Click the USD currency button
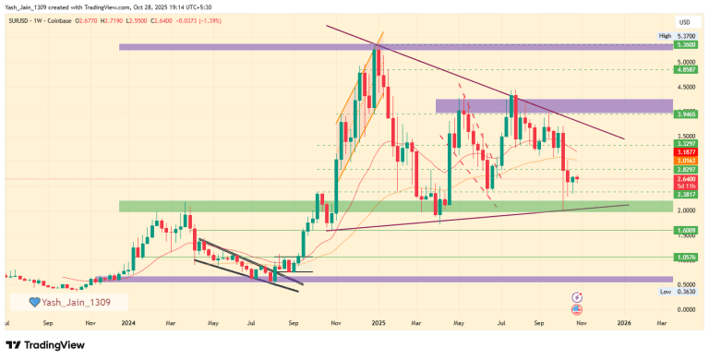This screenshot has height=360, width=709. (x=684, y=21)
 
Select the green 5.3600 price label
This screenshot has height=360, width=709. (x=685, y=44)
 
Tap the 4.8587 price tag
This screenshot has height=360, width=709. (x=685, y=69)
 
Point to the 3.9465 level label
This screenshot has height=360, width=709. (x=685, y=114)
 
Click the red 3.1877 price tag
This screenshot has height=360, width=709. (x=685, y=153)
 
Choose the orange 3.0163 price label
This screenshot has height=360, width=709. (x=685, y=162)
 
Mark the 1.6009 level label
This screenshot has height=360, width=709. (x=685, y=231)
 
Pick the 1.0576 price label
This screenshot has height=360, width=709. (x=685, y=258)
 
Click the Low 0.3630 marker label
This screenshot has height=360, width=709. (x=679, y=291)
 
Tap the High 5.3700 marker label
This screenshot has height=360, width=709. (x=679, y=36)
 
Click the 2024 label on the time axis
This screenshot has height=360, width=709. (x=129, y=324)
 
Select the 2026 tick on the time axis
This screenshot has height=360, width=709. (x=623, y=324)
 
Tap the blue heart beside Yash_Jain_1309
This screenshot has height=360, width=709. (x=35, y=302)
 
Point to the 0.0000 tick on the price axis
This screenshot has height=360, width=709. (x=685, y=309)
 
